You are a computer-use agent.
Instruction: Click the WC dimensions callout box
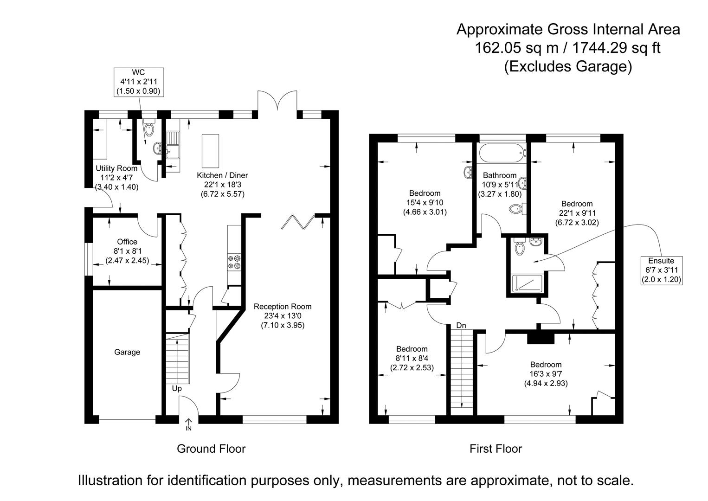click(x=138, y=82)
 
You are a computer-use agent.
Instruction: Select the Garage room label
click(x=127, y=352)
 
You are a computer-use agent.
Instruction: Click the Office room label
click(x=127, y=251)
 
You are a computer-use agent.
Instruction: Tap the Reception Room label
click(x=283, y=315)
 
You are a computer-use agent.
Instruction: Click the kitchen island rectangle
click(x=210, y=151)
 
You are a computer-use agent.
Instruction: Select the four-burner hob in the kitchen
click(x=234, y=262)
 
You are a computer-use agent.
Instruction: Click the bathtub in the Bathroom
click(x=502, y=153)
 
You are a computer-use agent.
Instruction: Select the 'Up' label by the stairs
click(x=177, y=389)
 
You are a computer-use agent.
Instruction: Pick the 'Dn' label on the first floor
click(x=461, y=326)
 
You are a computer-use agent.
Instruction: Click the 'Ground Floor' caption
click(x=211, y=449)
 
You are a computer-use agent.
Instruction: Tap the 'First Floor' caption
click(x=496, y=449)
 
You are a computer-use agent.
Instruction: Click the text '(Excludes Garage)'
click(x=568, y=66)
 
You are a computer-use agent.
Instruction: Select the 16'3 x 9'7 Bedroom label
click(x=546, y=374)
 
